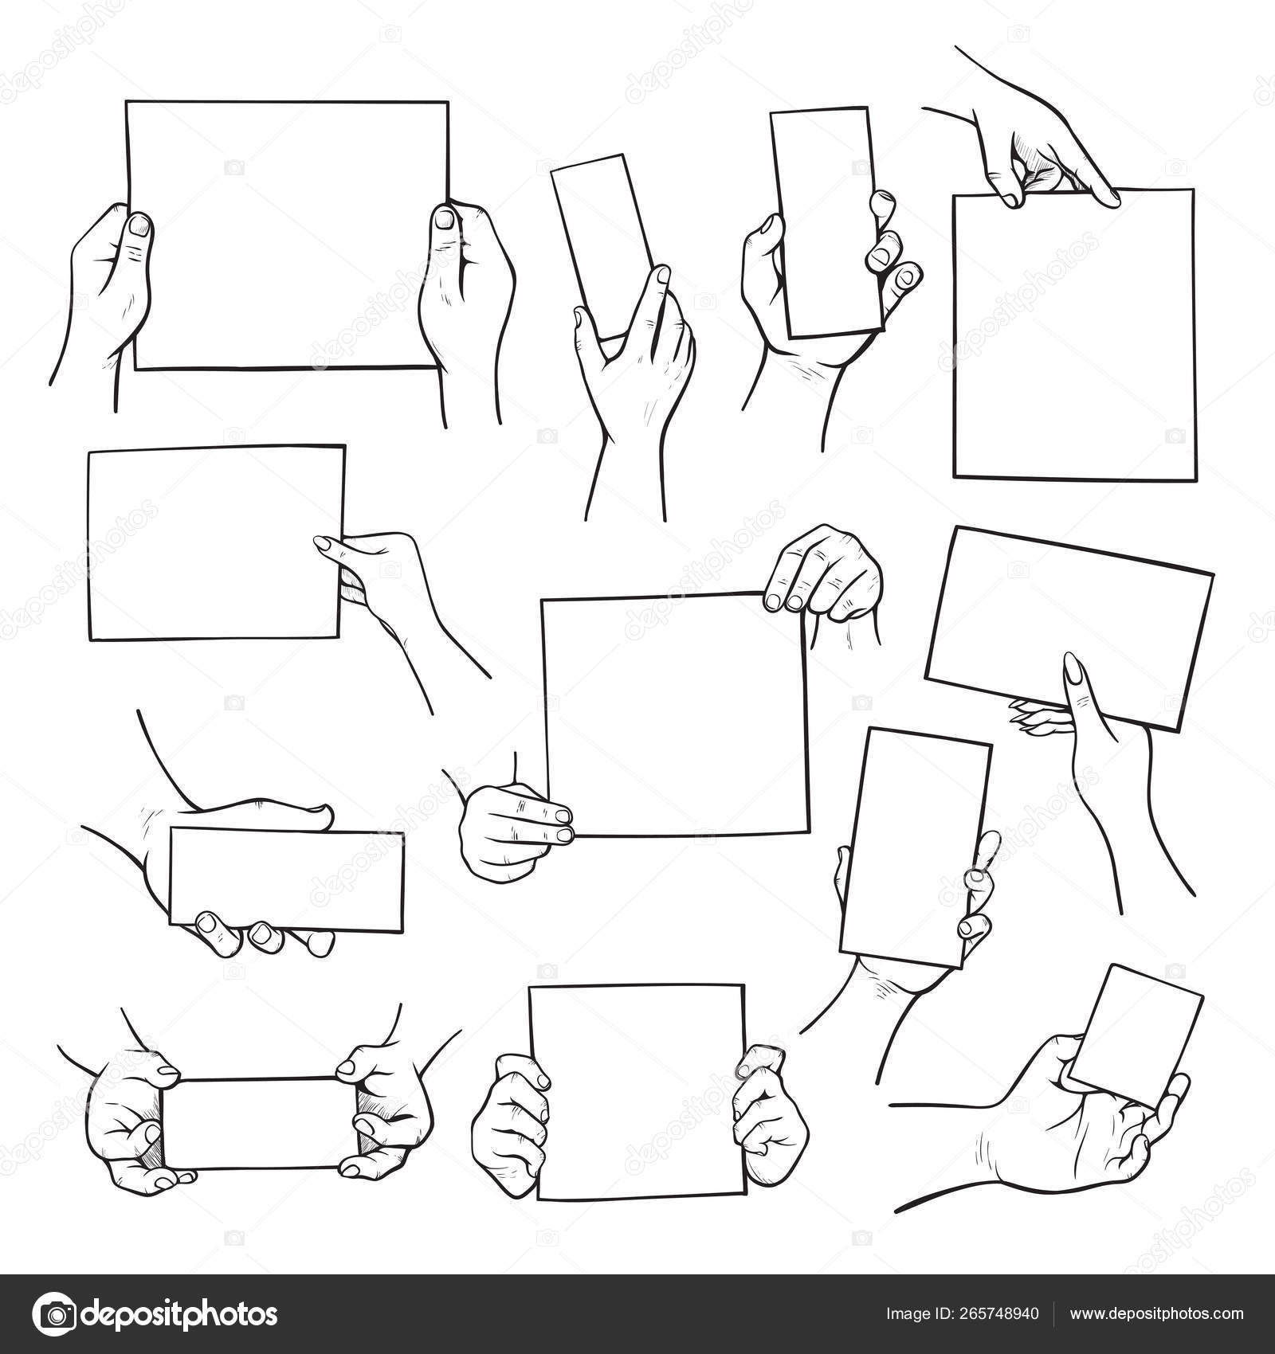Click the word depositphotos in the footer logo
point(180,1315)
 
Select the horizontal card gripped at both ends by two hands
point(261,1124)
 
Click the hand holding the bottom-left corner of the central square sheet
point(514,828)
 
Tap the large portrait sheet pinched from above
point(1073,335)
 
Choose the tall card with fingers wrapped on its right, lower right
point(916,848)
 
